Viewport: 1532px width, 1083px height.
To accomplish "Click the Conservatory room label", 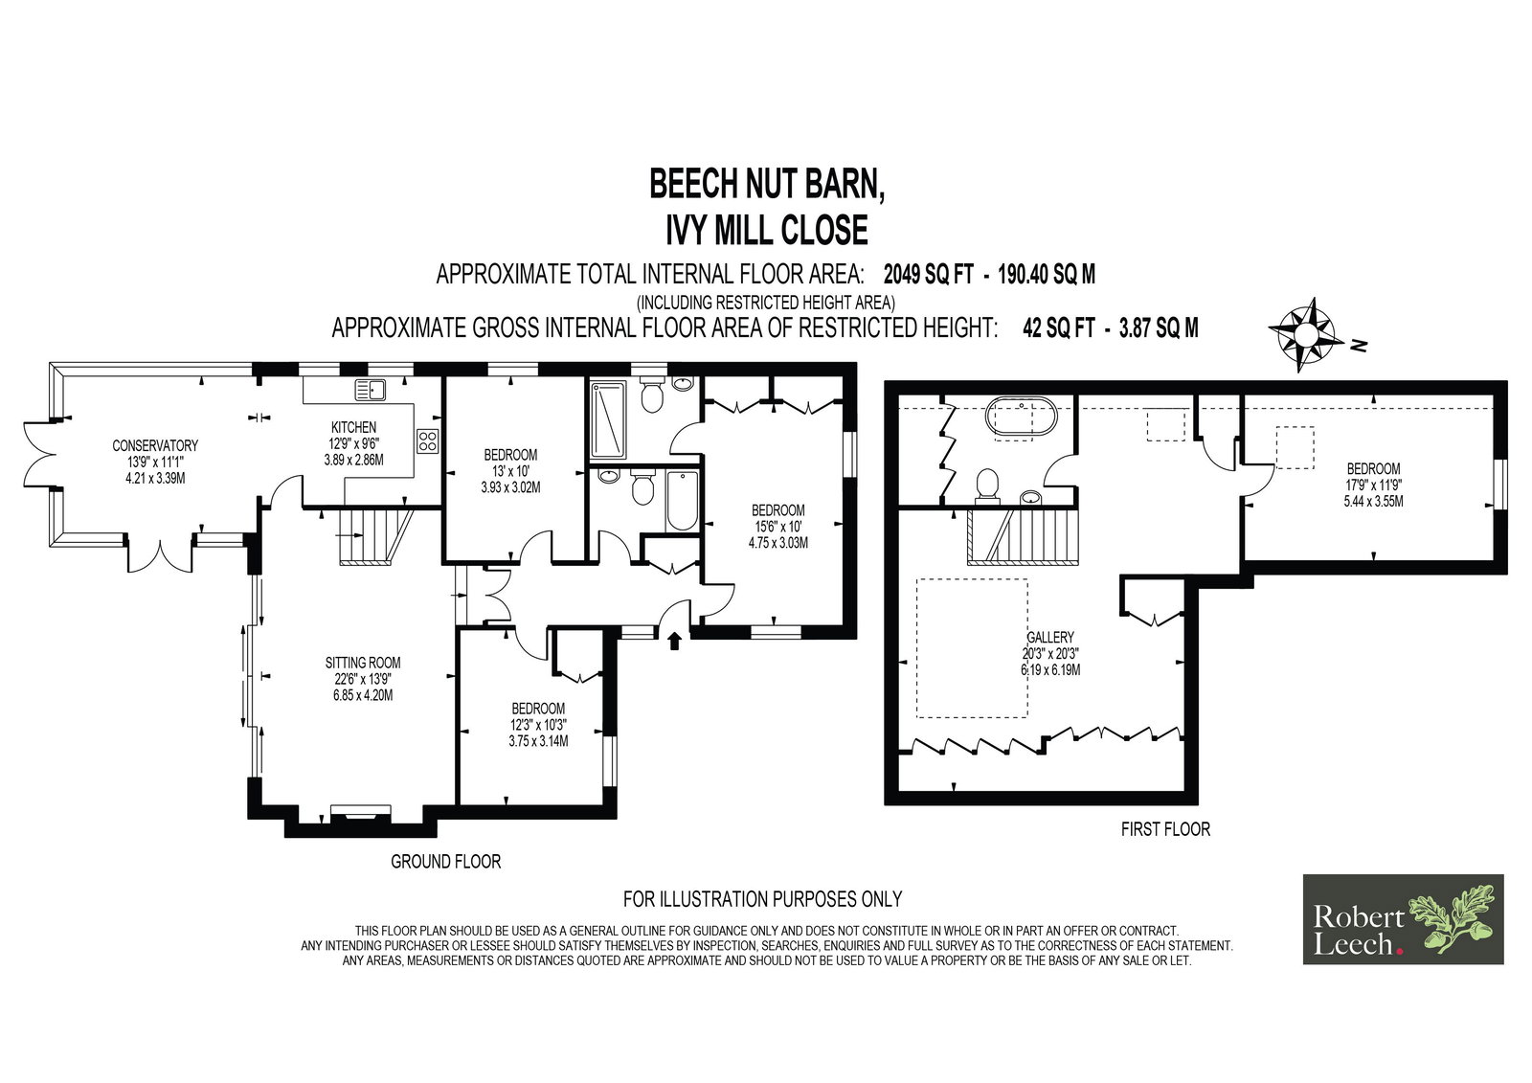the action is pos(155,446).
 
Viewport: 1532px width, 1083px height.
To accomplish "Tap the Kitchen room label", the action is pos(353,428).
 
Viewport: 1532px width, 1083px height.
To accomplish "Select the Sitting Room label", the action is pos(363,663).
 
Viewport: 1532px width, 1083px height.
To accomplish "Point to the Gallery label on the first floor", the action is pos(1050,637).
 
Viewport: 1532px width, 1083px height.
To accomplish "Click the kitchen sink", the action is pos(370,390).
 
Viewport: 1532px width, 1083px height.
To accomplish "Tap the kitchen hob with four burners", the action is pos(427,441).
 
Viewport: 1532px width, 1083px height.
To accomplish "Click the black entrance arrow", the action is pos(674,641).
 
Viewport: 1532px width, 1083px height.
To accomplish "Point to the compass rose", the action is pos(1303,334).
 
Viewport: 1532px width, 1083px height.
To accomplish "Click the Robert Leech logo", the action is pos(1403,919).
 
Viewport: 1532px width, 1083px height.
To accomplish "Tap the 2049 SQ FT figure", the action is pos(928,275).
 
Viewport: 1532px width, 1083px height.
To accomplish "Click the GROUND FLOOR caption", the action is pos(446,862).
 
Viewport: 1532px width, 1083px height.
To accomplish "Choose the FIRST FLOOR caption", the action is pos(1165,829).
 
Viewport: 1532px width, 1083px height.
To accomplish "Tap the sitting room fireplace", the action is pos(360,812).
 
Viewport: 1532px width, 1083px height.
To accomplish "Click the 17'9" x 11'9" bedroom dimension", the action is pos(1373,485).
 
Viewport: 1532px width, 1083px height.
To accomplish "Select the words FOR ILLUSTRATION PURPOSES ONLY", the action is pos(762,898).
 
